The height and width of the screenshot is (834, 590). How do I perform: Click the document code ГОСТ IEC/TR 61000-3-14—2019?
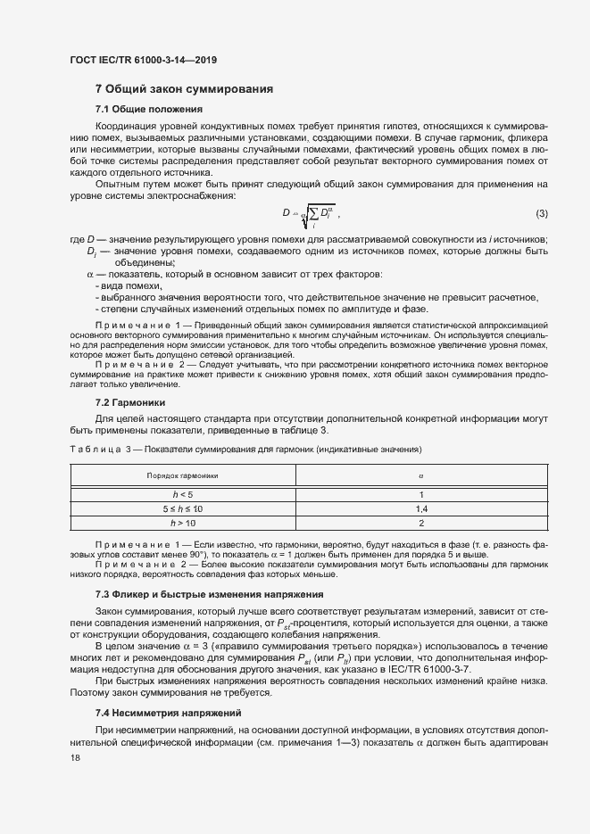pyautogui.click(x=144, y=61)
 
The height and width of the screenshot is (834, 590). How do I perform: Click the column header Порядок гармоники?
pyautogui.click(x=182, y=476)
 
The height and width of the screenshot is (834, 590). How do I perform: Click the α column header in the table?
pyautogui.click(x=420, y=476)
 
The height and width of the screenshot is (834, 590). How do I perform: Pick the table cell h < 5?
pyautogui.click(x=182, y=494)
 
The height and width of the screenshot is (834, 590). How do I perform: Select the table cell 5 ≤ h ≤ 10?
pyautogui.click(x=182, y=508)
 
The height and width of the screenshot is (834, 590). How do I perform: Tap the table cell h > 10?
pyautogui.click(x=182, y=522)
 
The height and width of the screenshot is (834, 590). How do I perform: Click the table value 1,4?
pyautogui.click(x=420, y=508)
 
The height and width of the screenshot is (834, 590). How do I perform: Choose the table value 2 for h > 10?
pyautogui.click(x=420, y=522)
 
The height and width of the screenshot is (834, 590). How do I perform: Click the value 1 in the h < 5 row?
pyautogui.click(x=420, y=494)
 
